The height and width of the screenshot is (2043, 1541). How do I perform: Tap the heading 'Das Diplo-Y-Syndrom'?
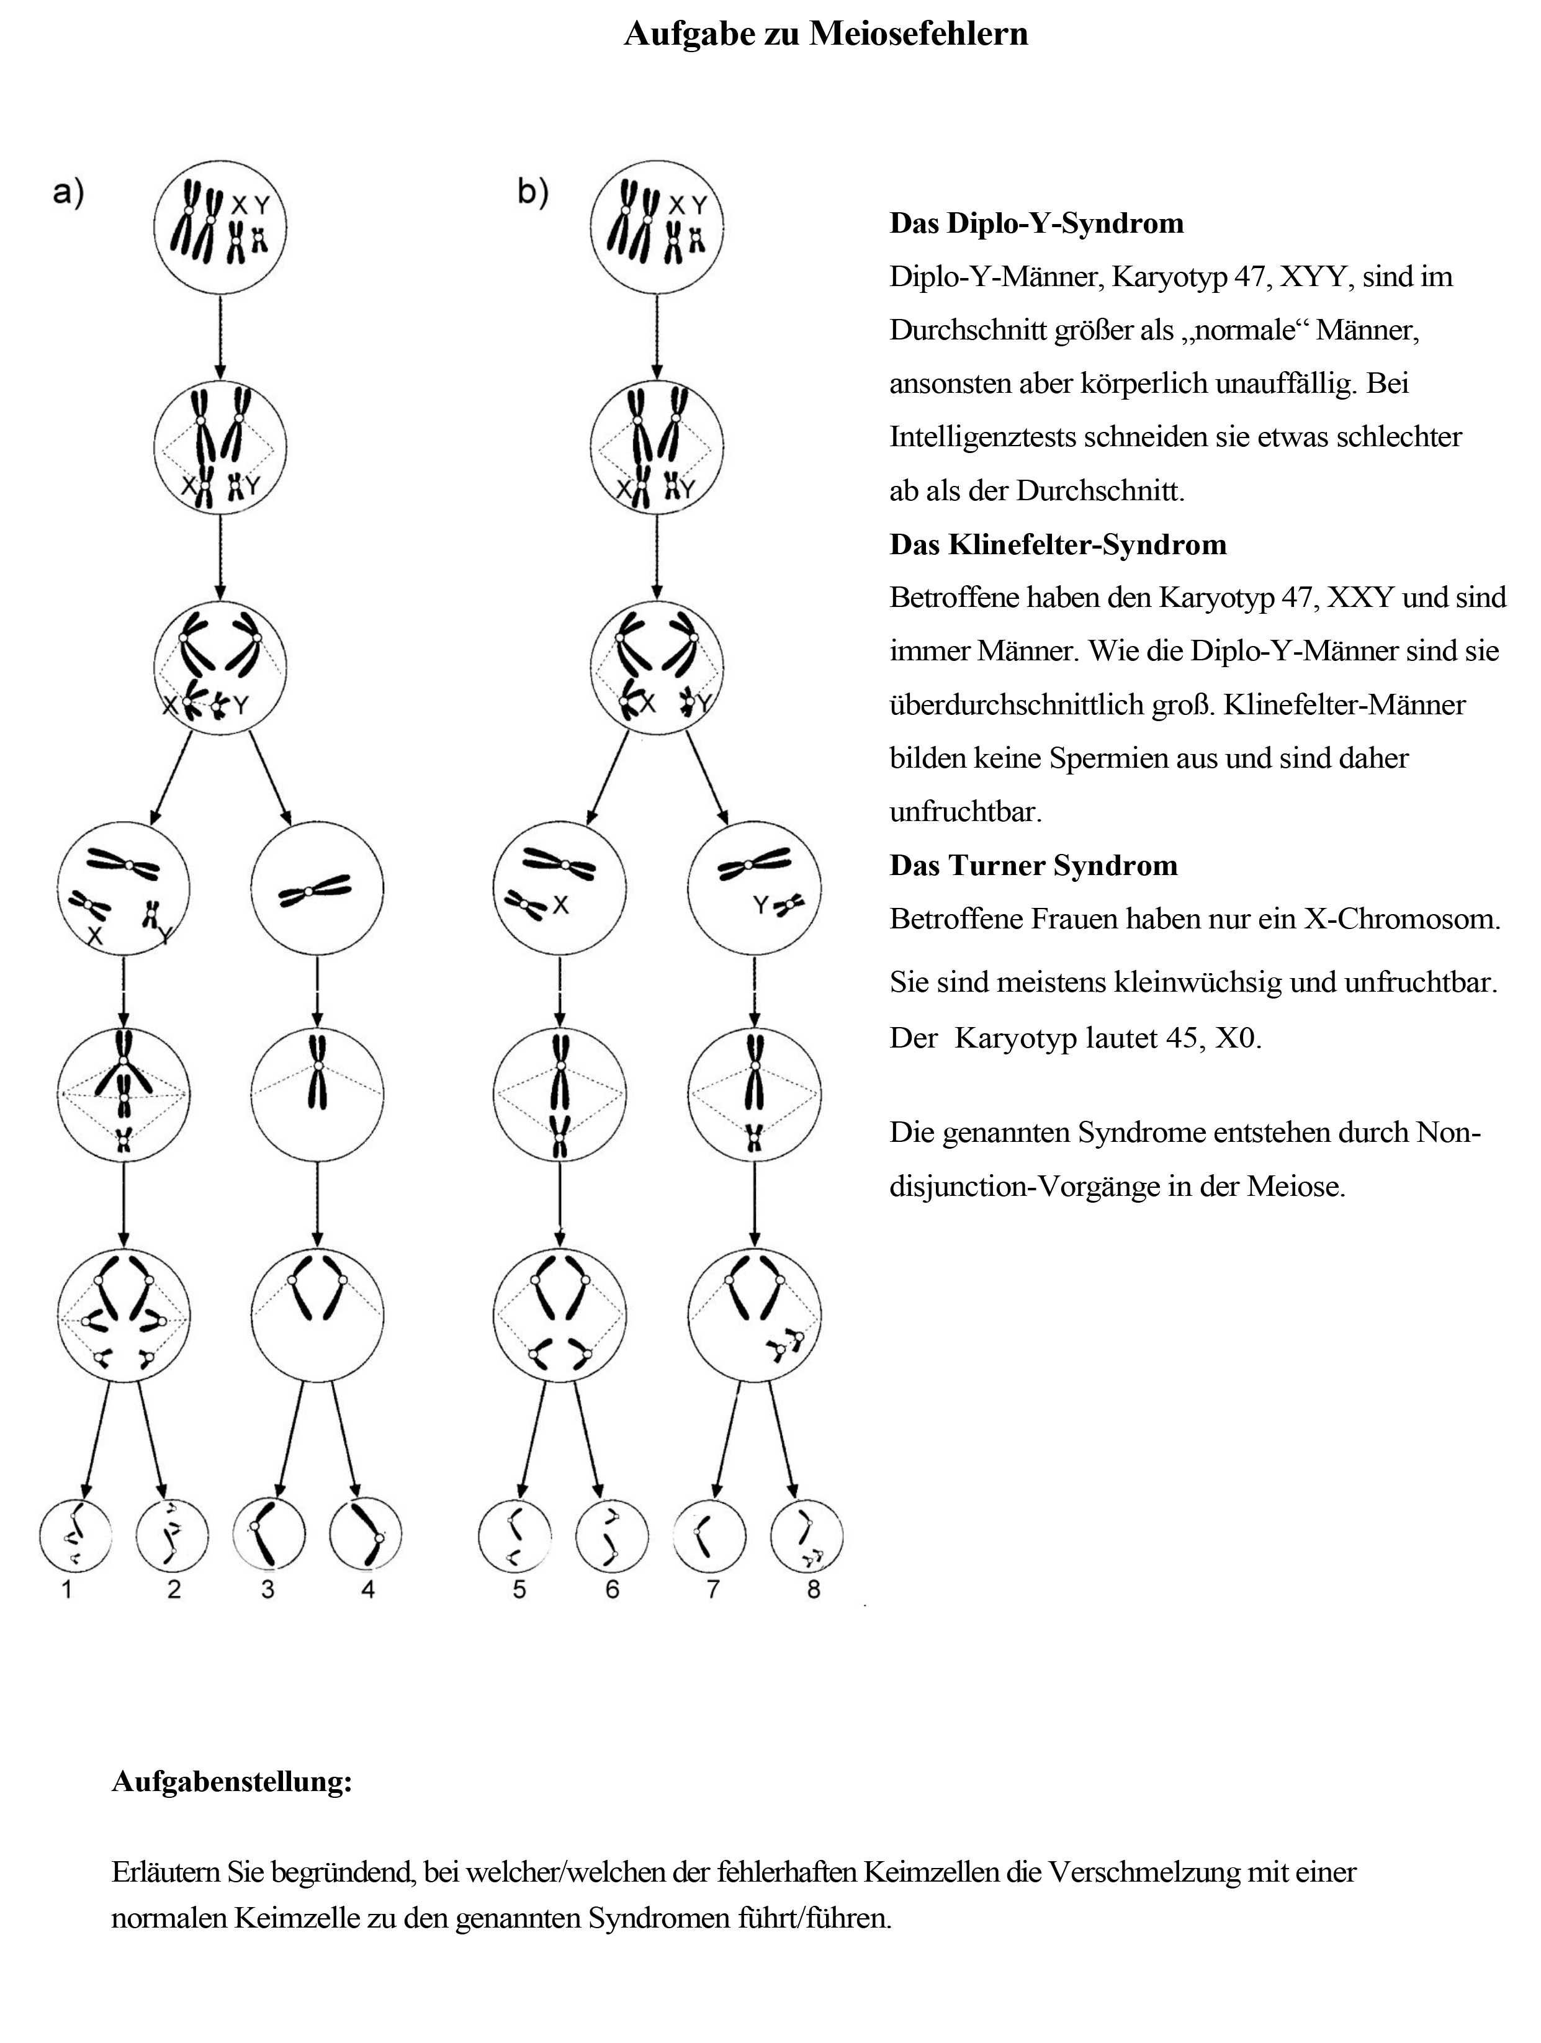click(x=1036, y=223)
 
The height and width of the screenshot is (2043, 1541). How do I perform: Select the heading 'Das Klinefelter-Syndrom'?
click(x=1058, y=545)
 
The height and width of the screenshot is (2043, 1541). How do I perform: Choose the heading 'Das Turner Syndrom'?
click(x=1033, y=865)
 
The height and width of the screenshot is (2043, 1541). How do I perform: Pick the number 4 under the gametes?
click(x=367, y=1591)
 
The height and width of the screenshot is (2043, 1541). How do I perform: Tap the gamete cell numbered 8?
click(x=807, y=1536)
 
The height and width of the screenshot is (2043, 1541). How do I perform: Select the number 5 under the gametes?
click(x=519, y=1591)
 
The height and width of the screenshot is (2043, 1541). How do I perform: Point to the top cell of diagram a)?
click(x=220, y=227)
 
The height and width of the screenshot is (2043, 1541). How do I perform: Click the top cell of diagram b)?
click(x=656, y=227)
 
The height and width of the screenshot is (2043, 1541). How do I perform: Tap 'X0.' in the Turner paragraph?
click(x=1237, y=1039)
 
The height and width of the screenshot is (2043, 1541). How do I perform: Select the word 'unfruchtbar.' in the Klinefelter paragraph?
click(x=964, y=813)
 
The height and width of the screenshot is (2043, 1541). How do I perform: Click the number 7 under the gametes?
click(x=712, y=1591)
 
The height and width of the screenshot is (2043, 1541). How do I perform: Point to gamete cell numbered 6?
click(x=611, y=1536)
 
